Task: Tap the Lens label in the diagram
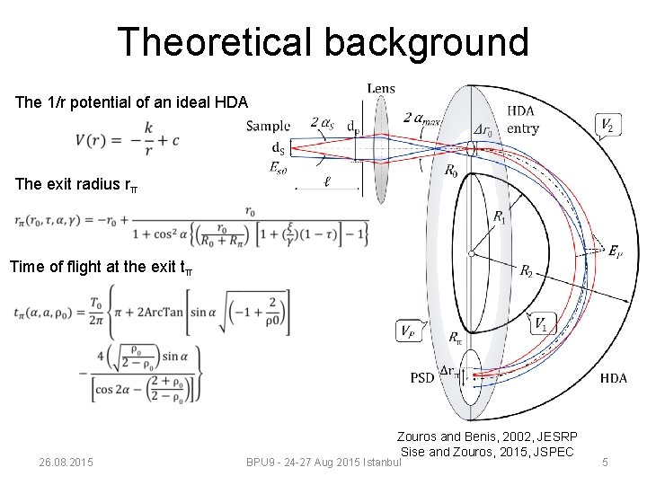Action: click(381, 88)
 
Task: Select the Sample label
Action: click(268, 126)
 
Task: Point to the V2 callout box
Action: click(608, 125)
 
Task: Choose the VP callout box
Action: click(407, 330)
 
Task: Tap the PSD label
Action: click(421, 377)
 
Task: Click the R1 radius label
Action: click(500, 216)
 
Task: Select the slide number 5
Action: click(605, 463)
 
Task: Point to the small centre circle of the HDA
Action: click(471, 254)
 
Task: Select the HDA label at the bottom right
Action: click(614, 378)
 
